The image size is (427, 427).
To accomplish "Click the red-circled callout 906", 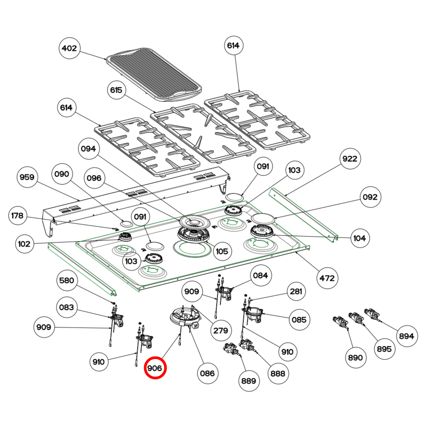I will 155,368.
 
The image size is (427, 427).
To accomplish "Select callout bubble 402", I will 69,48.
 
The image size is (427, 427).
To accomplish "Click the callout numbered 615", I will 116,90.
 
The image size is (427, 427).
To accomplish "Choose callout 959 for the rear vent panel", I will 27,177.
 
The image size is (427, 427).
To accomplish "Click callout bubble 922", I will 350,159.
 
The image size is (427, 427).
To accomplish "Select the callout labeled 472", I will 327,278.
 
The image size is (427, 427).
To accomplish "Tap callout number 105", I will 222,251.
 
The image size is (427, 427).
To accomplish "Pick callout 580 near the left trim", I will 67,280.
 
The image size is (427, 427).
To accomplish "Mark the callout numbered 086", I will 207,373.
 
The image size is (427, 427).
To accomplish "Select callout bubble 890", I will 355,358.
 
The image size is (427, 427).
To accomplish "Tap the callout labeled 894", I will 407,336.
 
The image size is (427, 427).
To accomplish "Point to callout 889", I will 249,381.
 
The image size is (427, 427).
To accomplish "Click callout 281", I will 296,291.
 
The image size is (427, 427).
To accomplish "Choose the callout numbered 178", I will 17,215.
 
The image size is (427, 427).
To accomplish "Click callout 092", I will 370,197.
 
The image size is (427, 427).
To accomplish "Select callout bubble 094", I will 88,149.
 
